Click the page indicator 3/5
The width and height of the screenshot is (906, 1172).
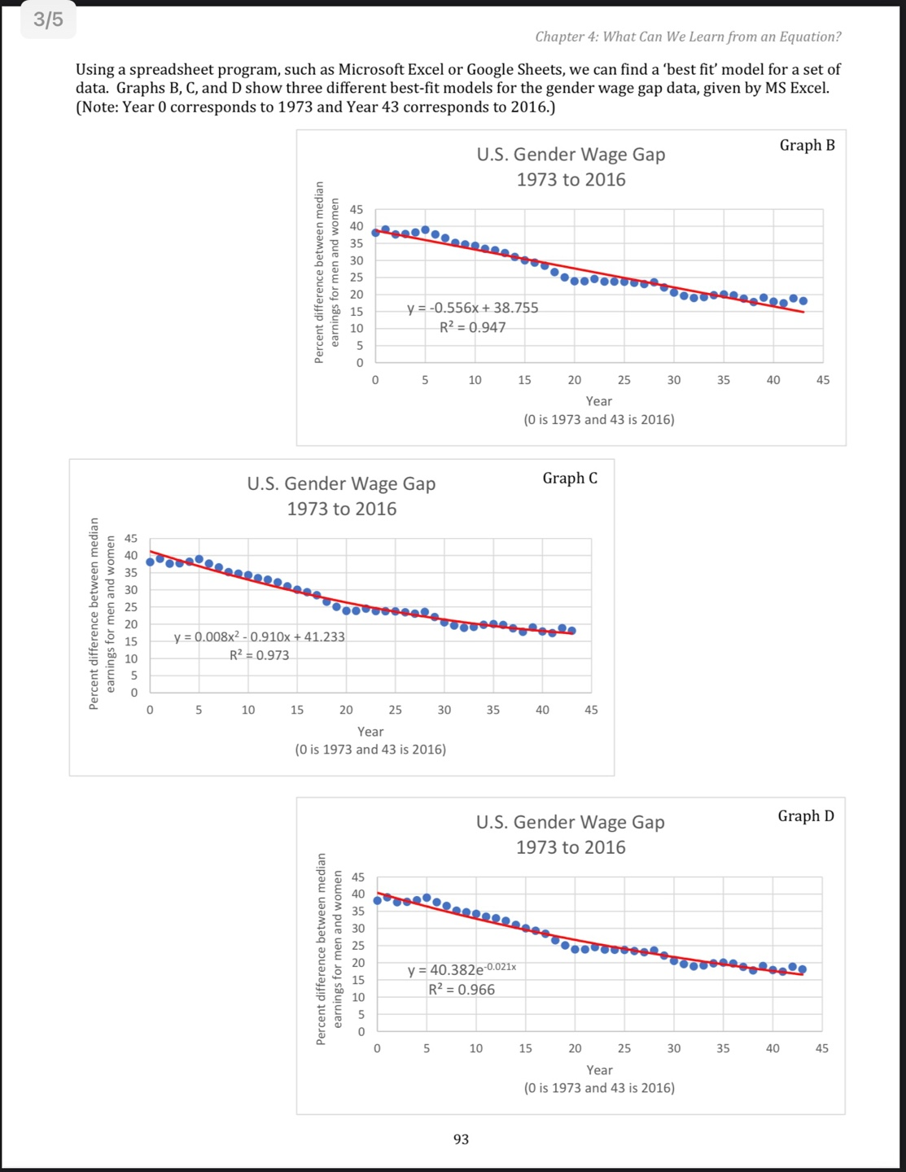coord(48,20)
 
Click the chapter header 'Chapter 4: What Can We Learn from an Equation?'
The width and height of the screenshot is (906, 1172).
coord(688,37)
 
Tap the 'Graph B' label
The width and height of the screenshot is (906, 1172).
coord(807,145)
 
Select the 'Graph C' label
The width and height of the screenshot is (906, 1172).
coord(570,478)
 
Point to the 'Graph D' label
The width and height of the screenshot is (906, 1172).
coord(806,816)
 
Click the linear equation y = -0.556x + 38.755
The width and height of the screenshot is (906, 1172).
coord(473,308)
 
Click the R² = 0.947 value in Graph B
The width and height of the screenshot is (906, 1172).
coord(472,327)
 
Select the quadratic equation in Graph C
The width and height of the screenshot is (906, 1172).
coord(260,636)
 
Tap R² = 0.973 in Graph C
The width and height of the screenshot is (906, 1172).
coord(259,655)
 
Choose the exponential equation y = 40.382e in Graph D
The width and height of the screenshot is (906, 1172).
coord(461,969)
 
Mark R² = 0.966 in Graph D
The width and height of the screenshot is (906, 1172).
coord(462,990)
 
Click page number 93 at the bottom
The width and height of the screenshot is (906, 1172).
coord(461,1139)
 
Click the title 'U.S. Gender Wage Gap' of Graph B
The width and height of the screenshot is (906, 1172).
coord(571,155)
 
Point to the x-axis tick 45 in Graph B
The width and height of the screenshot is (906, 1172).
coord(823,380)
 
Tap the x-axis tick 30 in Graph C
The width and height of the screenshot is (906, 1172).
coord(444,710)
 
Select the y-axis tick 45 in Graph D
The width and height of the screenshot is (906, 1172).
coord(358,877)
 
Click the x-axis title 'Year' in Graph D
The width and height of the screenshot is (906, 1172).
coord(599,1069)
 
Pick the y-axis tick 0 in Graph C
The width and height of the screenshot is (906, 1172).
coord(135,693)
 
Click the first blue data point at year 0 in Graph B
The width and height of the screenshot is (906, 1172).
coord(375,232)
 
